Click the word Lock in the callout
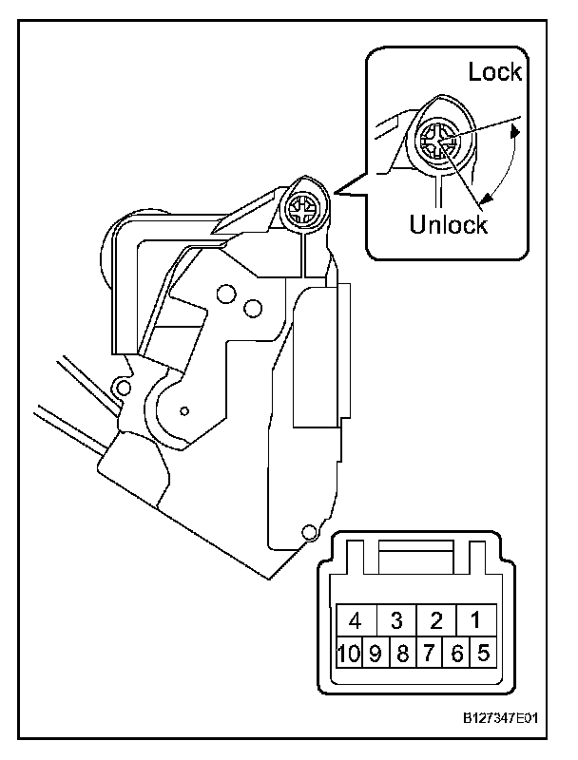click(495, 72)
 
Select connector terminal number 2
click(436, 621)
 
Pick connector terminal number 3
click(396, 621)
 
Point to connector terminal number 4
click(356, 621)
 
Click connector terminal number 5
click(483, 653)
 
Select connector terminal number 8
click(402, 653)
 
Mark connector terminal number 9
click(376, 653)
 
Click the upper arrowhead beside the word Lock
click(514, 134)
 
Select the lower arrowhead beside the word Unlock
click(487, 198)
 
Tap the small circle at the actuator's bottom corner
click(307, 532)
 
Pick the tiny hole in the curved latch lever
click(184, 411)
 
